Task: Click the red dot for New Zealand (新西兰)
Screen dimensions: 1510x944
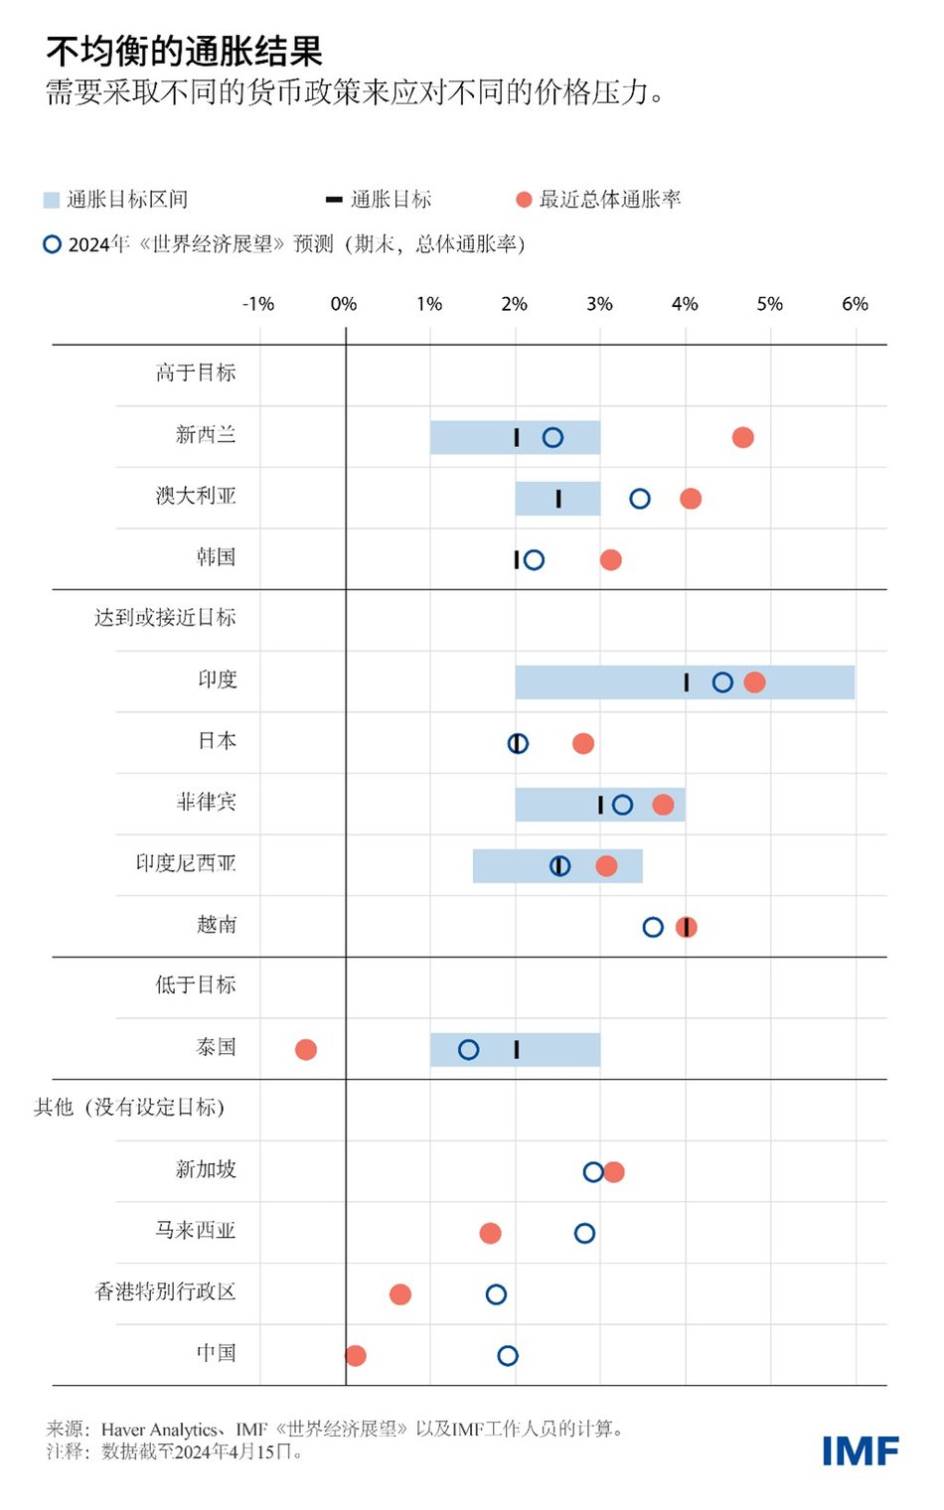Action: (742, 437)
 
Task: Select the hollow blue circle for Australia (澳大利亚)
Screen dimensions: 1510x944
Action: (640, 499)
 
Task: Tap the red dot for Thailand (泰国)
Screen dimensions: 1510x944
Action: (306, 1049)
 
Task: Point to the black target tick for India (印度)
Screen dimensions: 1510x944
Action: (687, 681)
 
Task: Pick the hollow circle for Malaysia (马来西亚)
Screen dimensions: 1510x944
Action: (584, 1233)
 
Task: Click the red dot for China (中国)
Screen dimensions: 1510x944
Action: (356, 1355)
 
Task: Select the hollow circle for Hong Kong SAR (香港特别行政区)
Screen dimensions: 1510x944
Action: (496, 1294)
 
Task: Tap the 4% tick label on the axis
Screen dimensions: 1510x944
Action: (685, 304)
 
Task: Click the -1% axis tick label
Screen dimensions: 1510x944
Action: (258, 304)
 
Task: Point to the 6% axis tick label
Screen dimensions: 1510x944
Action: (855, 304)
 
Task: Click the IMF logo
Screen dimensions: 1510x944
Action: (860, 1451)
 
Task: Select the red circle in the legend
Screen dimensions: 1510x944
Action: (524, 200)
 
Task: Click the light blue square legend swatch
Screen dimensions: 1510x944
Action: (52, 200)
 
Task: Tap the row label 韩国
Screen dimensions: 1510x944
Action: (217, 557)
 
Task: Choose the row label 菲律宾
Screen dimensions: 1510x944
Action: (207, 802)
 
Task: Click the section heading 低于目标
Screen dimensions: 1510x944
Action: (196, 984)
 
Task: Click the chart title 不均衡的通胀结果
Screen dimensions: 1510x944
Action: (185, 51)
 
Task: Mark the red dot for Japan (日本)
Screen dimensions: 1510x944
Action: (583, 743)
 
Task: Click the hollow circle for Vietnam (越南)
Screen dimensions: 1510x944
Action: (653, 927)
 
